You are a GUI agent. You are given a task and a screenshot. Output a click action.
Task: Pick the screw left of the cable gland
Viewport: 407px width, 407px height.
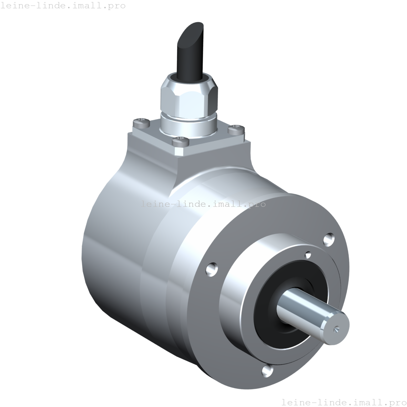(142, 121)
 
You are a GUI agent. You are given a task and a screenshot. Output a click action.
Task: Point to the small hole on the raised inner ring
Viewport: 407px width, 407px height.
(308, 255)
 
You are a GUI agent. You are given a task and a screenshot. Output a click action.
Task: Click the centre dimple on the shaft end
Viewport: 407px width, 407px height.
(337, 330)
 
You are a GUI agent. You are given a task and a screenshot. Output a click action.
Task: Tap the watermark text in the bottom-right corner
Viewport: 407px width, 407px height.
(344, 402)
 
